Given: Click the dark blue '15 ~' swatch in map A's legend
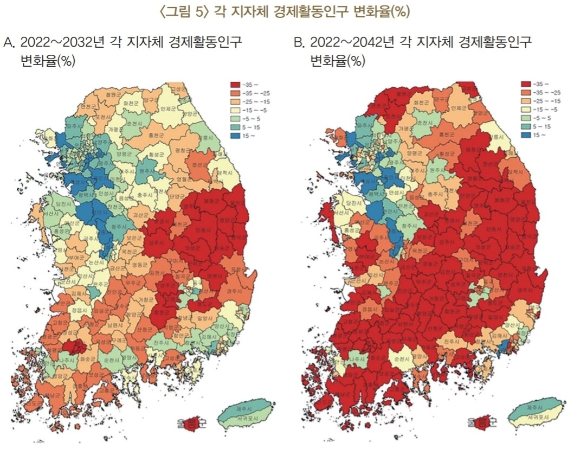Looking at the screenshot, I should click(x=236, y=133).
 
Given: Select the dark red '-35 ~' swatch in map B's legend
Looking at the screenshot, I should click(x=526, y=84).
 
